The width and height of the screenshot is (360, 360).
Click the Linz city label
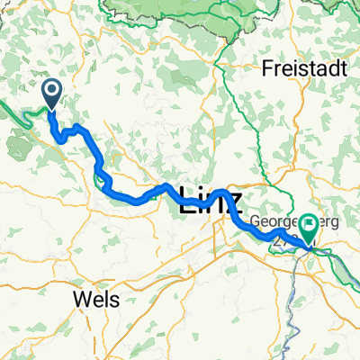tap(211, 200)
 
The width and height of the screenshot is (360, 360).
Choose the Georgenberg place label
tap(284, 220)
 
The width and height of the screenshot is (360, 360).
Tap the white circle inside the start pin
tap(50, 88)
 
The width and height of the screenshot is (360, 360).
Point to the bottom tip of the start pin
tap(50, 110)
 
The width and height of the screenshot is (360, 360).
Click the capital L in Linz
tap(187, 200)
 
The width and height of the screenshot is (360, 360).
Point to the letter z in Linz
tap(234, 202)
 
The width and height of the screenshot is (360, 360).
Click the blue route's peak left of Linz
tap(167, 186)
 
